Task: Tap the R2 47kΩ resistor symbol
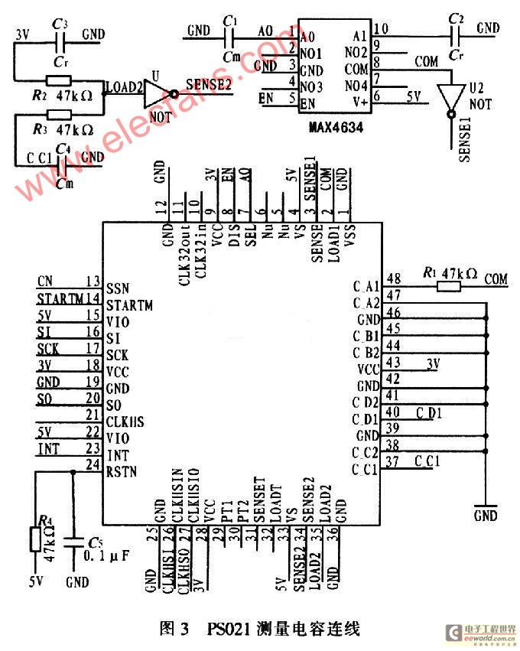tap(59, 80)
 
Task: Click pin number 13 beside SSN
tap(93, 281)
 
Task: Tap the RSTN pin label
tap(123, 471)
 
